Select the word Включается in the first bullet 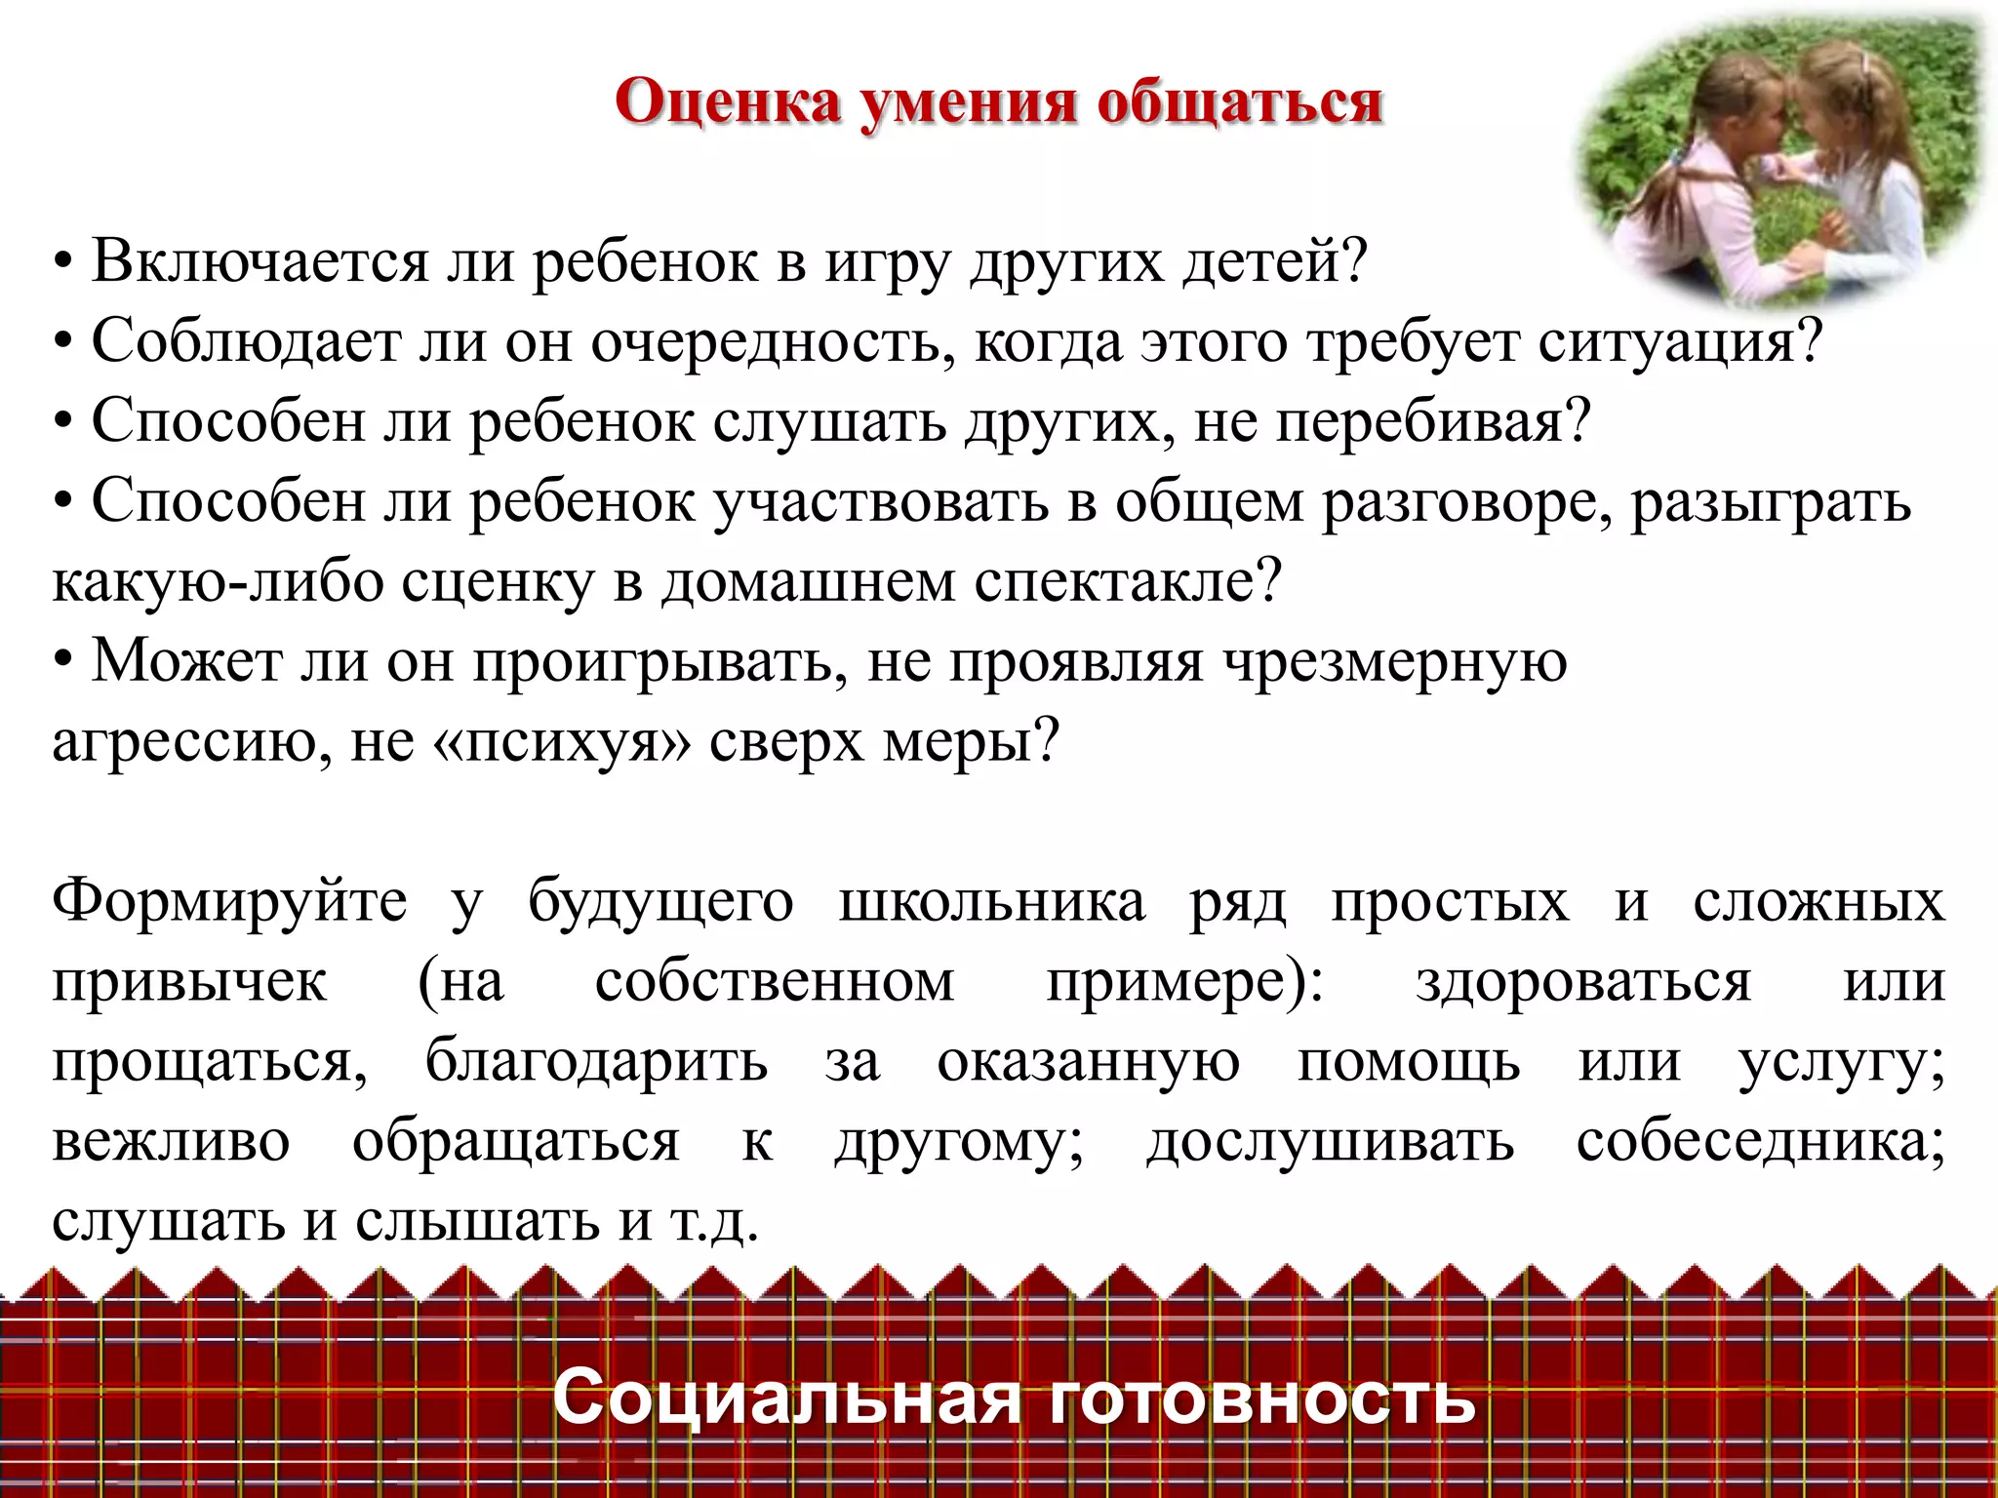(x=260, y=261)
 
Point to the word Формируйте (x=229, y=901)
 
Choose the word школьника (x=991, y=901)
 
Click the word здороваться (x=1583, y=981)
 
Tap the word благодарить (x=596, y=1061)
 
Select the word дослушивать (x=1330, y=1141)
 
